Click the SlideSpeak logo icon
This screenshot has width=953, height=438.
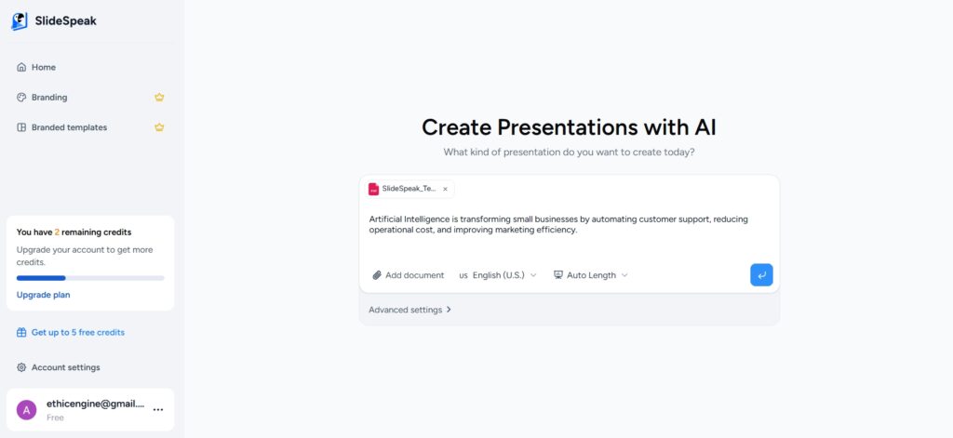[x=20, y=21]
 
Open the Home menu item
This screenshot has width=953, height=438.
[x=36, y=68]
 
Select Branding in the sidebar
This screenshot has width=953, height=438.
[x=42, y=98]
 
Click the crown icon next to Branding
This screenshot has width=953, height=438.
[x=159, y=98]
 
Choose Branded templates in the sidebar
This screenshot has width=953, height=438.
[x=62, y=127]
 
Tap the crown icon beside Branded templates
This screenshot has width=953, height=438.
[x=159, y=127]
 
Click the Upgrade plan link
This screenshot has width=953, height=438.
[x=43, y=295]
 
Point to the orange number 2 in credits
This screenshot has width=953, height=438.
[x=57, y=232]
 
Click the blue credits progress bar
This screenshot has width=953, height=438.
[x=41, y=278]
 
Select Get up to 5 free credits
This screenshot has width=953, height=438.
[x=71, y=332]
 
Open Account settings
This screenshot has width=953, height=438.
[x=59, y=367]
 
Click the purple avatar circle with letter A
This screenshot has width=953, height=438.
[x=26, y=410]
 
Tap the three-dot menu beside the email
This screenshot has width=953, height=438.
[x=158, y=410]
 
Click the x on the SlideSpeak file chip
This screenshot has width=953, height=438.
[x=445, y=189]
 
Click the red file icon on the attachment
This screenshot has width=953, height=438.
[x=374, y=189]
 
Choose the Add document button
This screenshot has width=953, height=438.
[x=409, y=275]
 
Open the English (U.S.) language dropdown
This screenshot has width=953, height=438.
[x=498, y=275]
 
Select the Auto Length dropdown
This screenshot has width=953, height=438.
[x=591, y=275]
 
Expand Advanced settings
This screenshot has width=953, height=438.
[x=410, y=310]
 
